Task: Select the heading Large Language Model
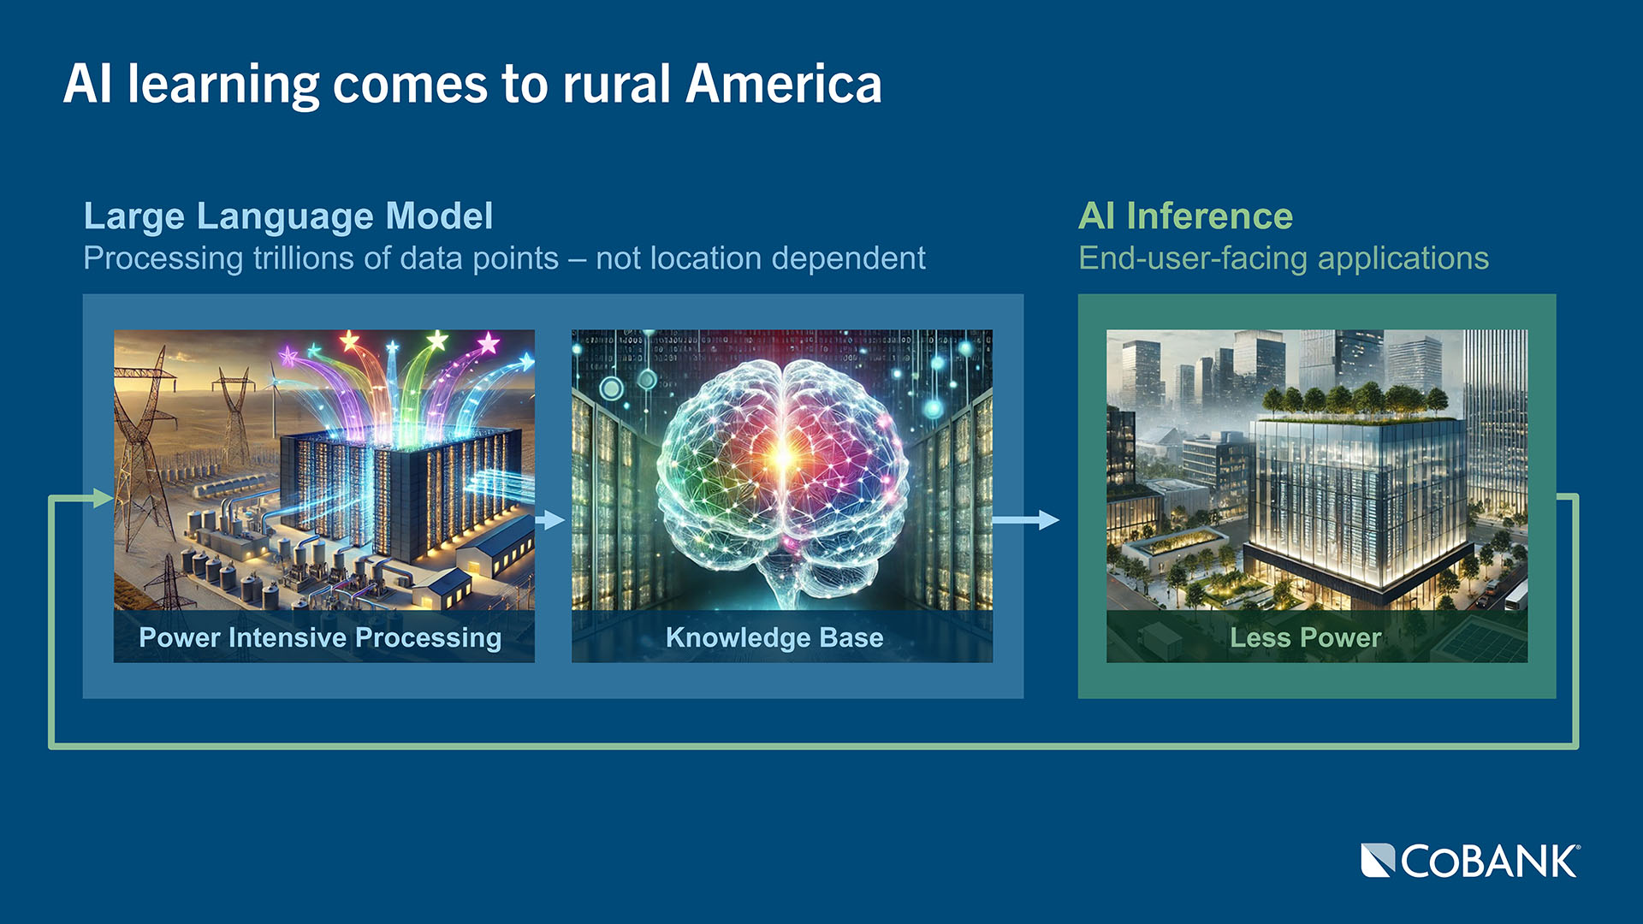coord(288,216)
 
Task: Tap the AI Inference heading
coord(1185,216)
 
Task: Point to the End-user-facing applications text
coord(1284,258)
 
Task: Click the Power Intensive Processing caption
coord(320,637)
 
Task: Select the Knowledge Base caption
coord(774,637)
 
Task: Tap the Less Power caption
coord(1305,637)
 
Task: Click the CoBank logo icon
coord(1378,861)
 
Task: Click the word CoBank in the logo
coord(1490,862)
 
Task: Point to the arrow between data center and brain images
coord(550,519)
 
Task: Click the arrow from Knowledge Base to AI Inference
coord(1026,519)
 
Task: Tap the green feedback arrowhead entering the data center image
coord(104,498)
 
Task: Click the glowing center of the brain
coord(781,458)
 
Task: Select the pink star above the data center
coord(489,344)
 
